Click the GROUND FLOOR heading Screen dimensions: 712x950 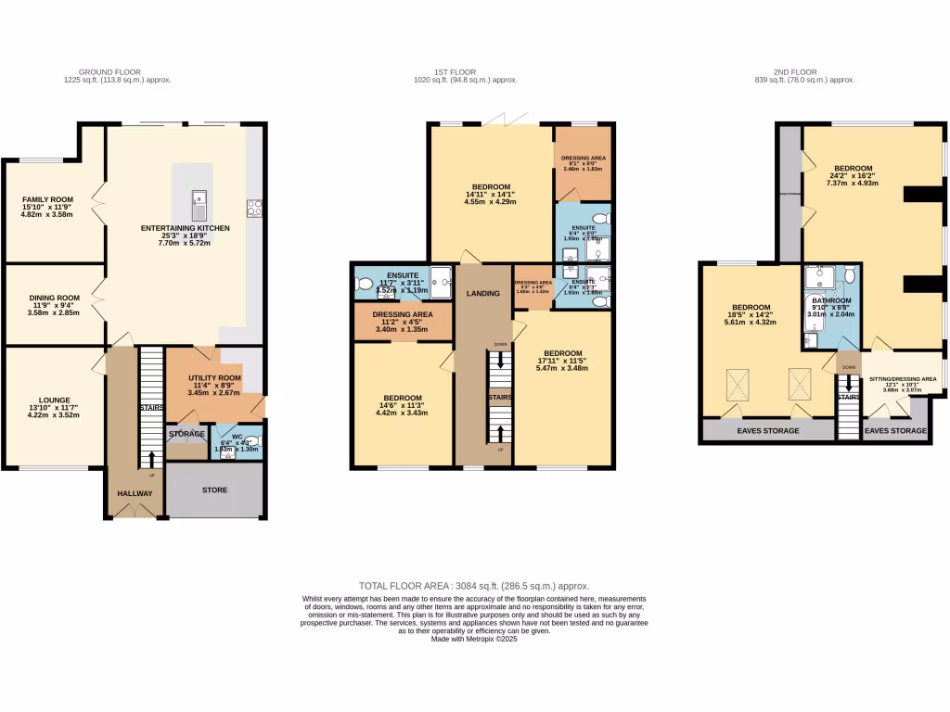124,71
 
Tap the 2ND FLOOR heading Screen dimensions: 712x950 794,71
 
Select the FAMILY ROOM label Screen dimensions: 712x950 47,198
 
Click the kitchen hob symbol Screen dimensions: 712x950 253,208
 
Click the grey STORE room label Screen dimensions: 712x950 214,489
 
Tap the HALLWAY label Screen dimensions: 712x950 135,493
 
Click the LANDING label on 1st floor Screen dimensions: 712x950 483,294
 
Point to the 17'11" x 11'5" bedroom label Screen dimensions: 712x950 562,353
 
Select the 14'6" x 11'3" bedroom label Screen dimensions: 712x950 403,398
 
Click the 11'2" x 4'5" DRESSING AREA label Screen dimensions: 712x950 403,314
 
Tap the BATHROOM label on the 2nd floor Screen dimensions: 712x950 831,300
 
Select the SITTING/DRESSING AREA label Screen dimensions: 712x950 902,379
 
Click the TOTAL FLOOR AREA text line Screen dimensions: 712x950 474,586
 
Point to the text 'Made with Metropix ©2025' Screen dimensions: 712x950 474,640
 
